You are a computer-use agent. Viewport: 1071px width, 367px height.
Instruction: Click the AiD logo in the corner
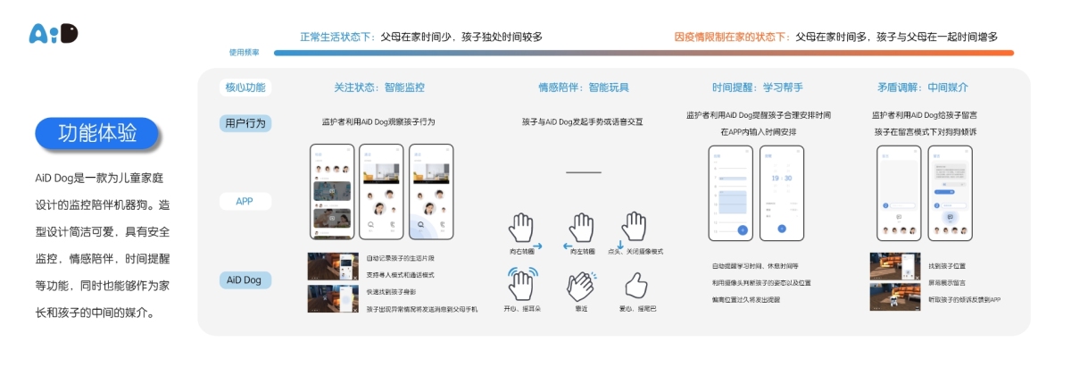click(54, 33)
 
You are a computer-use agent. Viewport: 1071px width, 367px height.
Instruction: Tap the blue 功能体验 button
click(97, 134)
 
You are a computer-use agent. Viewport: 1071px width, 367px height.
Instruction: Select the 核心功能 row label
click(245, 88)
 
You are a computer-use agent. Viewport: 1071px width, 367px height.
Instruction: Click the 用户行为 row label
click(245, 123)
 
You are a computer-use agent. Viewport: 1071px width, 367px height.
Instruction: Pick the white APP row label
click(245, 201)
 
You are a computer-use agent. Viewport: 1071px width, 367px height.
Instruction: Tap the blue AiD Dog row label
click(245, 279)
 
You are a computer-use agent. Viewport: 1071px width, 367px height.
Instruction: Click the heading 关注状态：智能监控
click(379, 88)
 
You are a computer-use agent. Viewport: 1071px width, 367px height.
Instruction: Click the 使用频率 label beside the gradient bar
click(244, 53)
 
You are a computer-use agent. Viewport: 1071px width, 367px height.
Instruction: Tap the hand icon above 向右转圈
click(523, 229)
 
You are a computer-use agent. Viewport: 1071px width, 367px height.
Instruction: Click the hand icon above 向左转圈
click(581, 229)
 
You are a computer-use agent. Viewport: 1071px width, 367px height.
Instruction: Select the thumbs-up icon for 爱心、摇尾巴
click(635, 285)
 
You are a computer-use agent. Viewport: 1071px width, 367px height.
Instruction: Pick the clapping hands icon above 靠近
click(580, 285)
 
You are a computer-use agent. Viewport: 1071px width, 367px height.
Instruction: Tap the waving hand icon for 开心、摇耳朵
click(523, 284)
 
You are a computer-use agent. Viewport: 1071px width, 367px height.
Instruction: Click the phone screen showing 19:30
click(781, 193)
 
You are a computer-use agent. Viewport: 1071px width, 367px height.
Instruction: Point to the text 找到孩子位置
click(947, 266)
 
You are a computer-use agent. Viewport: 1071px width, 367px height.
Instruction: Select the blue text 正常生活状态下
click(335, 37)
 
